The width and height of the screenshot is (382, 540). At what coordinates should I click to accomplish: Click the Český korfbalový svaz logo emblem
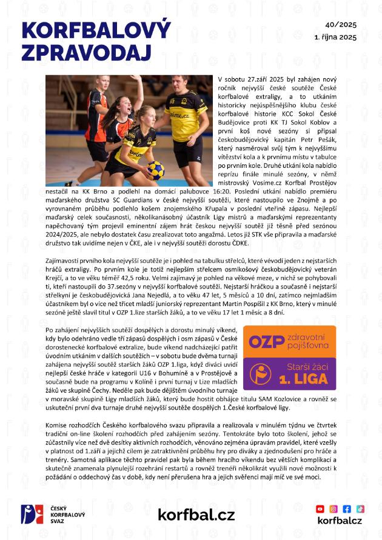(x=30, y=515)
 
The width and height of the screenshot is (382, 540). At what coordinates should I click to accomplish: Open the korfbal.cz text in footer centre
(x=196, y=515)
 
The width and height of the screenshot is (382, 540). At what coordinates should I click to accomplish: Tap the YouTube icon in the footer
(x=320, y=509)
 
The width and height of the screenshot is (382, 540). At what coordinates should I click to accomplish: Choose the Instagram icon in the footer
(x=333, y=509)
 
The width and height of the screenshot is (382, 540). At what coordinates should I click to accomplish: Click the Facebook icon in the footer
(x=347, y=509)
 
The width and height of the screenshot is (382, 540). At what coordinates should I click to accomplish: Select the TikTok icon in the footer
(x=360, y=509)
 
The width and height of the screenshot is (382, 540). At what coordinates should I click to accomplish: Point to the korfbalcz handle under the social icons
(x=340, y=521)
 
